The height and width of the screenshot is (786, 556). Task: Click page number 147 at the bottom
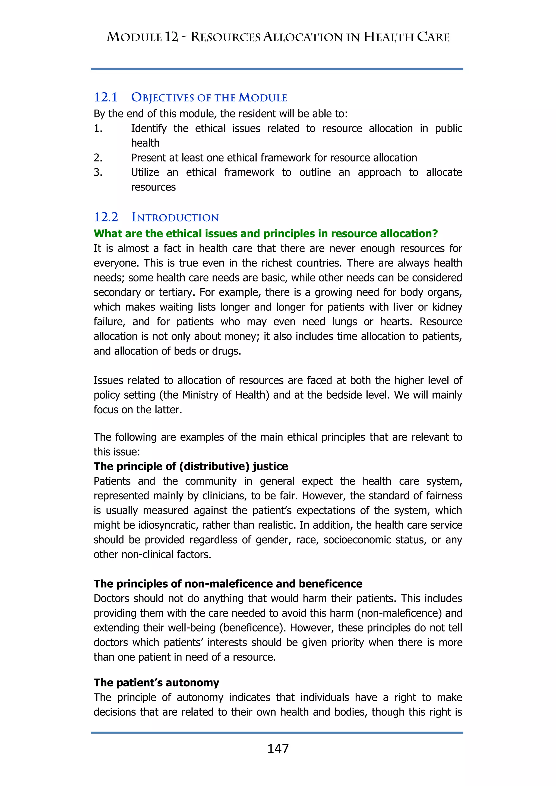click(278, 749)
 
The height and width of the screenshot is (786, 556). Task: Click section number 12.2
click(106, 217)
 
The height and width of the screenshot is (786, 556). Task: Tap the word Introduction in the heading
click(175, 217)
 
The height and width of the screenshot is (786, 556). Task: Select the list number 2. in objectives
click(98, 158)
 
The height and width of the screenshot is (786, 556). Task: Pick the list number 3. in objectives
click(98, 173)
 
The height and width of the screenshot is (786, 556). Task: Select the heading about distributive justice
click(191, 466)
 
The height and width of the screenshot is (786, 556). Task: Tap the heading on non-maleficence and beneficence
click(228, 584)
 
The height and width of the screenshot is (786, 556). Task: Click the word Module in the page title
click(134, 37)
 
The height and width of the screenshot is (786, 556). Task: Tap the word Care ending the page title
click(433, 37)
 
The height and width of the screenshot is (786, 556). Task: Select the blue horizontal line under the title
click(277, 69)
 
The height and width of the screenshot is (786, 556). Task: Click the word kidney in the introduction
click(447, 307)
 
